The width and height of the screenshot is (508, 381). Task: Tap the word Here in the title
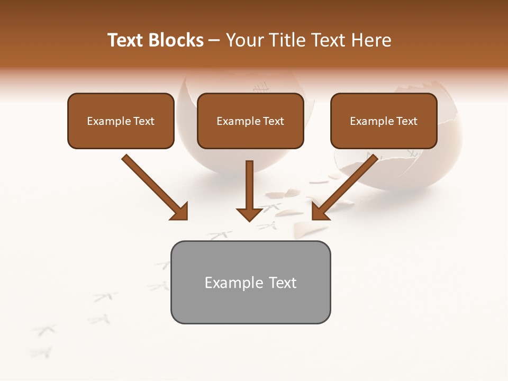(x=373, y=40)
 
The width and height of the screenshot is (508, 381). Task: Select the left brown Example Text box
(x=121, y=121)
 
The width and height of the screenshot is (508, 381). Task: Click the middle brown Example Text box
(x=250, y=121)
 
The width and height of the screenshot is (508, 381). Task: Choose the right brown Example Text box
(x=384, y=121)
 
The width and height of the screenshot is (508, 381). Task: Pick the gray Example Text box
(x=250, y=282)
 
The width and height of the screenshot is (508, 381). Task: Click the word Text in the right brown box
(x=406, y=121)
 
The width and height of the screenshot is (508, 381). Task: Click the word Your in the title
(x=244, y=40)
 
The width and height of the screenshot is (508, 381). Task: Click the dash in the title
(x=214, y=40)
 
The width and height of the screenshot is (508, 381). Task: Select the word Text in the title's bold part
(x=127, y=40)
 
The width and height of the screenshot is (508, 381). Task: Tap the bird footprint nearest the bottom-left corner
(x=41, y=352)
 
